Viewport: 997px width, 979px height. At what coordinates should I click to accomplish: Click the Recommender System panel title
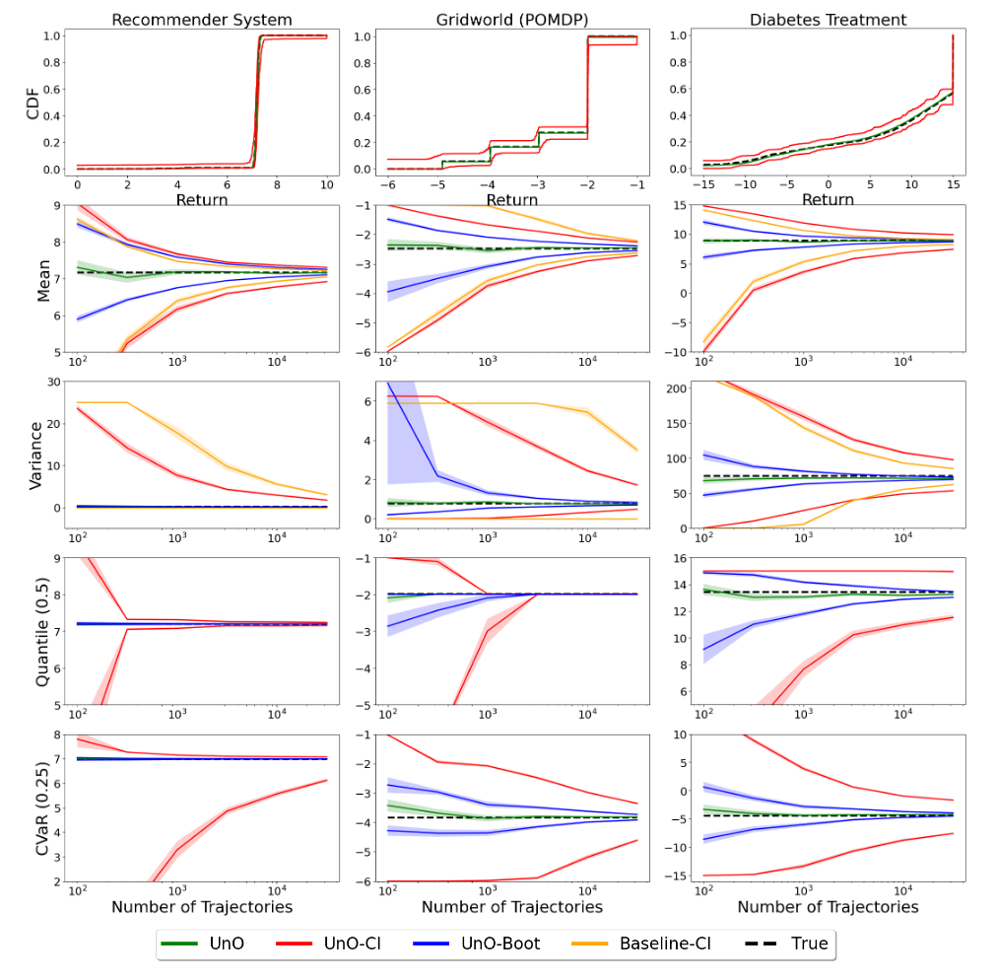(201, 20)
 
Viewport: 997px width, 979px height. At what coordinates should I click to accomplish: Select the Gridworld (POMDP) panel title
(512, 20)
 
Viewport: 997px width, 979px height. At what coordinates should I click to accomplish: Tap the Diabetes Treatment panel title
(828, 20)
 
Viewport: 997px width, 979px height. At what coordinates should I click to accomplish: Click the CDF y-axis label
(33, 103)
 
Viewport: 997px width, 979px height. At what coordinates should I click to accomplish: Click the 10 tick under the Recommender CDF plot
(326, 185)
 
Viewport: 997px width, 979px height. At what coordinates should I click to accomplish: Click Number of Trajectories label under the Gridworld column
(512, 906)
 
